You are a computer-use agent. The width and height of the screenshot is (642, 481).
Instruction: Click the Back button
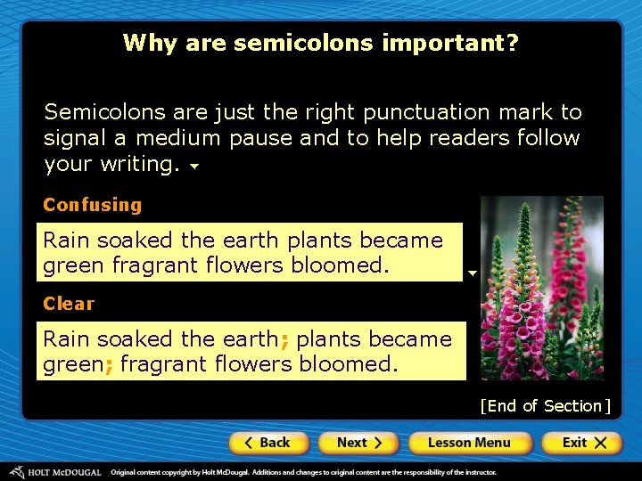point(268,443)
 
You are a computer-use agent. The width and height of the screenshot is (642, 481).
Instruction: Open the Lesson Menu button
point(469,443)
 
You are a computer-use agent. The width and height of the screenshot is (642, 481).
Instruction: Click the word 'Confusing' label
point(93,205)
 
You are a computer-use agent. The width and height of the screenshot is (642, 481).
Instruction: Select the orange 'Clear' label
point(69,304)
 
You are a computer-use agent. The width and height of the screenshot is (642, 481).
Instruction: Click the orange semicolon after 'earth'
point(284,339)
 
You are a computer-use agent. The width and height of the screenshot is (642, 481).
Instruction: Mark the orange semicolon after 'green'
point(109,364)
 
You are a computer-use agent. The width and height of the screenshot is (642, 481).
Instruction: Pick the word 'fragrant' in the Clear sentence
point(160,363)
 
